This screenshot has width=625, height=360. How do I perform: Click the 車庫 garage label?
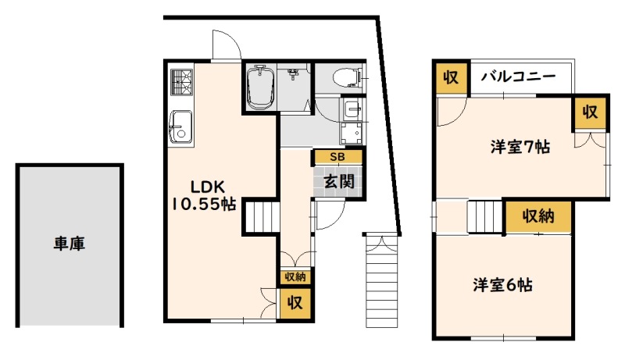[70, 244]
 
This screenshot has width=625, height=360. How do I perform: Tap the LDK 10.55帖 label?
[204, 195]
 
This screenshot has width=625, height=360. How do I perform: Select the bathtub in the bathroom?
[260, 87]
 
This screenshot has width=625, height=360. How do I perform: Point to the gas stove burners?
[182, 82]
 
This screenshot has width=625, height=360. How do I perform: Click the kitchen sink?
[181, 127]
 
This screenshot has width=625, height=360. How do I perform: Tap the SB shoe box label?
[337, 157]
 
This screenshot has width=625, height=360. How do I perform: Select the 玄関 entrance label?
[339, 182]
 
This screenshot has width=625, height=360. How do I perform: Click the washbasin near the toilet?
[352, 109]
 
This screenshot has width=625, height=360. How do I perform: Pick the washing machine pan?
[351, 133]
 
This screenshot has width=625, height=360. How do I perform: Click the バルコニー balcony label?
[518, 76]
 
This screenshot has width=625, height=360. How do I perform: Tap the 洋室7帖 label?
[520, 147]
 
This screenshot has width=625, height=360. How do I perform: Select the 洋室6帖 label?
[502, 285]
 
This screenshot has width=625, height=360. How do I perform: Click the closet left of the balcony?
[452, 77]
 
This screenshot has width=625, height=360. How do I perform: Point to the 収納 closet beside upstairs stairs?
[538, 216]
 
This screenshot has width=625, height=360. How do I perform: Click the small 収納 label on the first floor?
[295, 276]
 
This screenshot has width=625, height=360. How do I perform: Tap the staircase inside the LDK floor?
[260, 217]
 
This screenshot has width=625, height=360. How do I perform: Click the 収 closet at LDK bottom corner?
[295, 303]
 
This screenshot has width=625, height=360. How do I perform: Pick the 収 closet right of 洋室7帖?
[590, 112]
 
